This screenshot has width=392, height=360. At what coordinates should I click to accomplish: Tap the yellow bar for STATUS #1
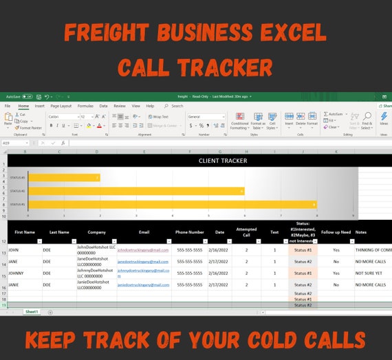pyautogui.click(x=172, y=204)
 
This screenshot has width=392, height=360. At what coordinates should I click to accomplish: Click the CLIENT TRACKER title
pyautogui.click(x=223, y=161)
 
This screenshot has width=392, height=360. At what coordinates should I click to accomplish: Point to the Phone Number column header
pyautogui.click(x=189, y=232)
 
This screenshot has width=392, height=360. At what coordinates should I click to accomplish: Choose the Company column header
pyautogui.click(x=96, y=232)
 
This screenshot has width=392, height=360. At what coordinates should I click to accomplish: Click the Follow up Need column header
pyautogui.click(x=336, y=232)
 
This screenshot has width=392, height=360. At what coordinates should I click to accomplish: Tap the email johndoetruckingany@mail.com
pyautogui.click(x=142, y=250)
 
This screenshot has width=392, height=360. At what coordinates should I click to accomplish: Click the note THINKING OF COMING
pyautogui.click(x=373, y=250)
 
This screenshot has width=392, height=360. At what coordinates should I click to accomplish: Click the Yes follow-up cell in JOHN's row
pyautogui.click(x=336, y=250)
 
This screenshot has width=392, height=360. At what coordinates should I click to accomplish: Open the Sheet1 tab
pyautogui.click(x=32, y=311)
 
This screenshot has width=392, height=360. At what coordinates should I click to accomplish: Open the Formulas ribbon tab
pyautogui.click(x=85, y=106)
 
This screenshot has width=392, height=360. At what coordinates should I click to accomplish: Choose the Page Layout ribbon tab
pyautogui.click(x=61, y=106)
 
